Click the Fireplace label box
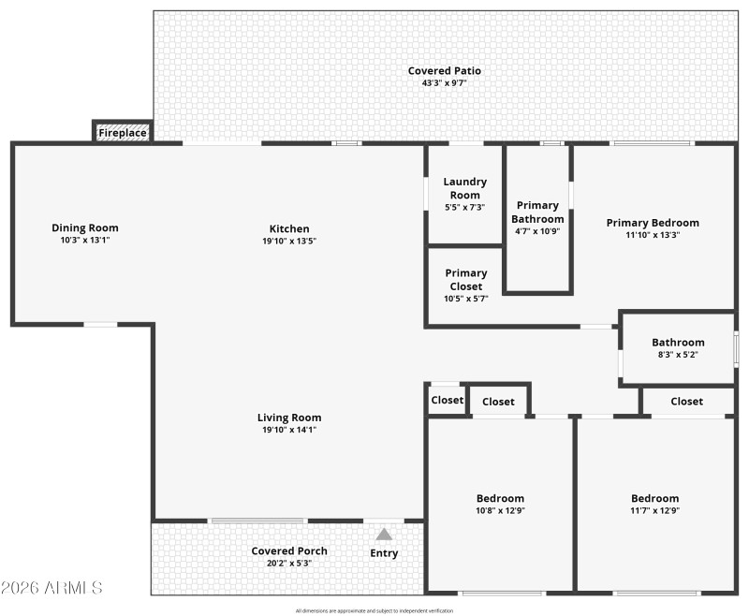[123, 133]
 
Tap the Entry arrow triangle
[384, 534]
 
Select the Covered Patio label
[445, 71]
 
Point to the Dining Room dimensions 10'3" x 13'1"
[85, 240]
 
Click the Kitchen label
[289, 228]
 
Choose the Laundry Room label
[463, 188]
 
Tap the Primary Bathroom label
[538, 212]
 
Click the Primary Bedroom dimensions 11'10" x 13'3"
[653, 235]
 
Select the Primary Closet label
[465, 280]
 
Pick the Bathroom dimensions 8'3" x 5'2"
[678, 355]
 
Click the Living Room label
[289, 418]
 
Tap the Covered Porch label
[289, 550]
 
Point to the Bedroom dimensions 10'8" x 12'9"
[500, 510]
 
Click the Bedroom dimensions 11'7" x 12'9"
[654, 510]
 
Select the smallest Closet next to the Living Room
[447, 400]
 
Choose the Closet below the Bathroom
[686, 401]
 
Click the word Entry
[384, 553]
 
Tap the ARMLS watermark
[51, 587]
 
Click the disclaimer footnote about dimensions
[374, 610]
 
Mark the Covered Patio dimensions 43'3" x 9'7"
[445, 83]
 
